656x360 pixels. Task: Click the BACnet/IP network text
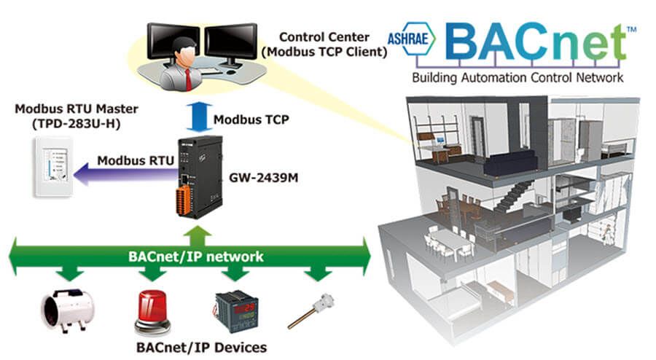pyautogui.click(x=195, y=257)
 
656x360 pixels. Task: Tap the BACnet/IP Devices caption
pyautogui.click(x=201, y=347)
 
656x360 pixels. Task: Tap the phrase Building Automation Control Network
pyautogui.click(x=518, y=77)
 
